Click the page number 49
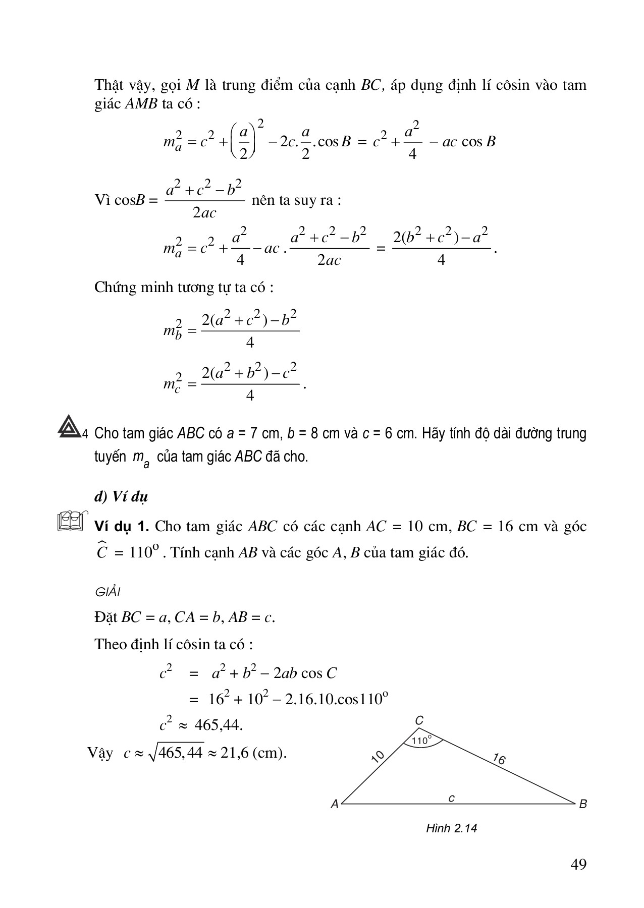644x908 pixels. click(x=578, y=865)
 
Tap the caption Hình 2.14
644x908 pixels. click(x=451, y=828)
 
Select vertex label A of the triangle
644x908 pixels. click(x=335, y=805)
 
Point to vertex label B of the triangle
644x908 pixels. click(x=583, y=804)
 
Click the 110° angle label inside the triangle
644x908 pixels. click(x=421, y=741)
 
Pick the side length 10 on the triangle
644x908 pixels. click(x=378, y=757)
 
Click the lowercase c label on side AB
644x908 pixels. click(x=452, y=798)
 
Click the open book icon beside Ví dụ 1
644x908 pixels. click(x=70, y=522)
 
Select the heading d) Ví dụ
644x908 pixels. click(x=121, y=497)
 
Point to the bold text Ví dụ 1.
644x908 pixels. click(x=121, y=527)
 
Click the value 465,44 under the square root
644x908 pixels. click(x=180, y=753)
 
